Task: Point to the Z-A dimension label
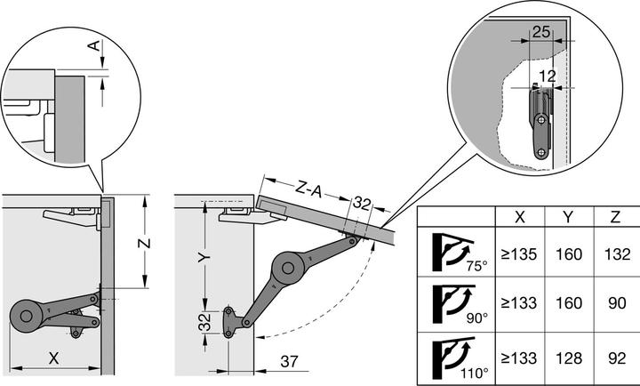click(308, 190)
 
